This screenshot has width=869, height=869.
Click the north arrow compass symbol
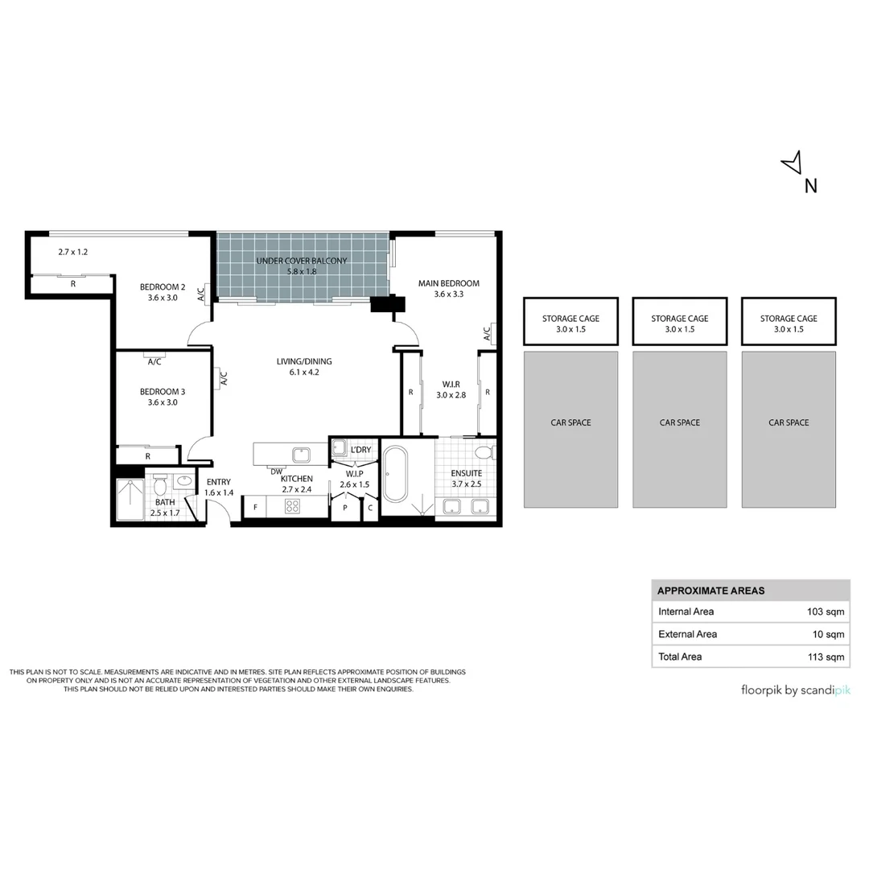793,163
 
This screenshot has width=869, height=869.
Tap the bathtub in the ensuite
395,474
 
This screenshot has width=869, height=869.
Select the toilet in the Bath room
160,484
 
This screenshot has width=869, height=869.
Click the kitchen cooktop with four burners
292,506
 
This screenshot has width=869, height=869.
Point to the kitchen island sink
302,455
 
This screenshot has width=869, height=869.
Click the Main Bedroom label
449,283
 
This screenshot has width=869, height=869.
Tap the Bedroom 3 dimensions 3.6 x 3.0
163,402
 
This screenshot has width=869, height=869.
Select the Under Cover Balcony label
302,261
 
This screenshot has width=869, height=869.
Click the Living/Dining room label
304,361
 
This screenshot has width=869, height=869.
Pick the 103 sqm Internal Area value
826,612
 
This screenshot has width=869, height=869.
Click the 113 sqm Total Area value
826,657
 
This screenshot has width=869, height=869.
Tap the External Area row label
688,634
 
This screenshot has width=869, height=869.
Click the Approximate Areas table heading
711,591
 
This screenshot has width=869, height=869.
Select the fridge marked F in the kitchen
255,507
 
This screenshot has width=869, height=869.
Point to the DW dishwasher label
276,472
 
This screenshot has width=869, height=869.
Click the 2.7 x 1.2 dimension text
73,252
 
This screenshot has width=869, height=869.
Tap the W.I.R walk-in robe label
451,384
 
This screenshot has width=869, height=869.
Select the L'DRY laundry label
360,450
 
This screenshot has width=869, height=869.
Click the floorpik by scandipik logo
796,690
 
